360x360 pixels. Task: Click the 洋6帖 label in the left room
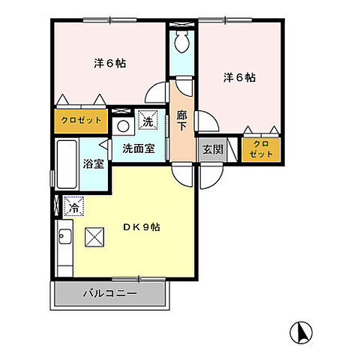109,64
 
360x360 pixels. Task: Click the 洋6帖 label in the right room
239,77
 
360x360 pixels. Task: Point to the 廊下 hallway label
182,121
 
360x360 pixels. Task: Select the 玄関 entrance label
212,148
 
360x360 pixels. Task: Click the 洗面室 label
139,148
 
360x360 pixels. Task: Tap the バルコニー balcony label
110,293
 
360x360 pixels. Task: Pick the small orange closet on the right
261,148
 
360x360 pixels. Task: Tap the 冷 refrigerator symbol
73,205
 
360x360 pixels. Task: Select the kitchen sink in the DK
64,239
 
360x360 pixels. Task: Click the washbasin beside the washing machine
124,123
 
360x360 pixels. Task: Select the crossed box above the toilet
181,25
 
